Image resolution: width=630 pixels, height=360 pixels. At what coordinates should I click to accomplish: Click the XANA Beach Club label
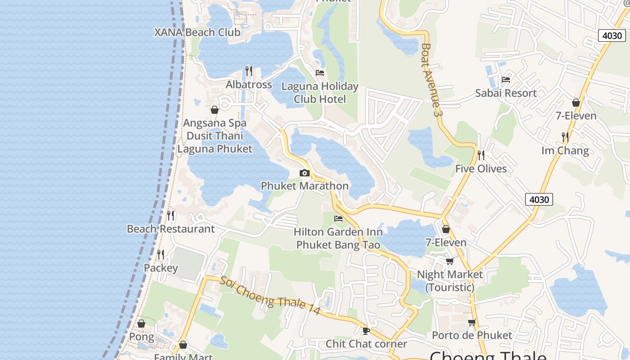click(197, 32)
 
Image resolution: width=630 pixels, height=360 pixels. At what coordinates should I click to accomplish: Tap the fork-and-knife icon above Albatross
click(249, 71)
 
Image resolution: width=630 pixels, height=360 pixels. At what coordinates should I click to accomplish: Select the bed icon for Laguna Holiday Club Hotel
click(320, 72)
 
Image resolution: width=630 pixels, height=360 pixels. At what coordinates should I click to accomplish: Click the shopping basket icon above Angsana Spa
click(215, 110)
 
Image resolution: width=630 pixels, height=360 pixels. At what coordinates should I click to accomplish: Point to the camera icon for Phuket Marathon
click(305, 173)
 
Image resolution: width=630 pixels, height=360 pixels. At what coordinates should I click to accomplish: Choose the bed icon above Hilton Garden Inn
click(338, 219)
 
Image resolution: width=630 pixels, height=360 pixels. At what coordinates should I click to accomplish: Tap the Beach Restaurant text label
click(171, 229)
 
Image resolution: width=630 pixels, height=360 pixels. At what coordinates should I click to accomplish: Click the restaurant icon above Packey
click(161, 255)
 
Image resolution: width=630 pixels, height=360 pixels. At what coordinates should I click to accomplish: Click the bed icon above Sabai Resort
click(506, 80)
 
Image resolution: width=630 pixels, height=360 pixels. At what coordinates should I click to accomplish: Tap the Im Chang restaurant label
click(565, 150)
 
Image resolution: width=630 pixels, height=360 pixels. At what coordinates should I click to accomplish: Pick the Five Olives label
click(481, 169)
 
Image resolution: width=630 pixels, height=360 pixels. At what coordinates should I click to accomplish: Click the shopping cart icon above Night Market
click(450, 261)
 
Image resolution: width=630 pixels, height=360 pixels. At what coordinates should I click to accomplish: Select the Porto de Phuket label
click(472, 335)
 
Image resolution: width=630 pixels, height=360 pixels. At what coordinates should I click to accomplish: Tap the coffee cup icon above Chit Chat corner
click(366, 331)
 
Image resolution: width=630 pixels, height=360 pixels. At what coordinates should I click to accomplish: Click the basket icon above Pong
click(141, 324)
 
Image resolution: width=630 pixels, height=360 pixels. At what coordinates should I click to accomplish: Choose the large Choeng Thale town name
click(488, 355)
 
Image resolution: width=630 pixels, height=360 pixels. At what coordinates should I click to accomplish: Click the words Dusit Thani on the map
click(215, 135)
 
